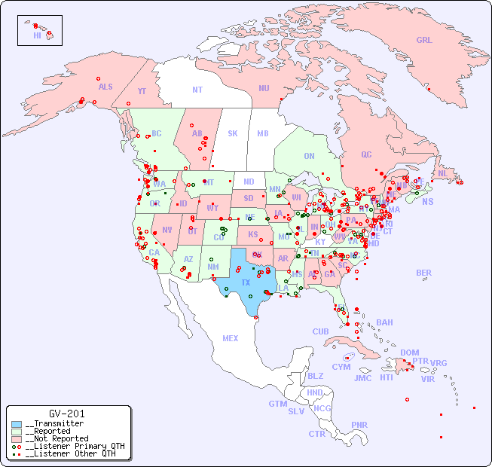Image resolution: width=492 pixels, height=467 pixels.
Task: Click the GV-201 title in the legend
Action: click(x=67, y=414)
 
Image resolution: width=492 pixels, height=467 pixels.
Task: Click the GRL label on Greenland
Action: click(x=424, y=41)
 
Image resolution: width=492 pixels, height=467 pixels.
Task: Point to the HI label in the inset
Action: click(x=37, y=35)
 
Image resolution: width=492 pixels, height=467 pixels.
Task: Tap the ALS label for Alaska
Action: click(x=105, y=87)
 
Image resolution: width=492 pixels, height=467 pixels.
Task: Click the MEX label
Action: click(x=231, y=338)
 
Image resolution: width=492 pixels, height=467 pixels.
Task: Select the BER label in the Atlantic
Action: click(x=424, y=273)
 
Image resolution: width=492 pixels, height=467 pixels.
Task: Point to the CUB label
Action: click(x=321, y=331)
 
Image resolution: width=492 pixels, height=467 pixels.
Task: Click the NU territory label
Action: click(x=264, y=88)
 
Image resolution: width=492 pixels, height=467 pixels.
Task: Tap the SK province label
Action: click(x=233, y=133)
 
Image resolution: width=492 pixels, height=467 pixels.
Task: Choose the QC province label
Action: click(x=366, y=154)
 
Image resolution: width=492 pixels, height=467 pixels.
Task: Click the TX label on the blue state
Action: click(x=246, y=282)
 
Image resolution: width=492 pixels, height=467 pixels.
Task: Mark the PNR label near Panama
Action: click(x=359, y=425)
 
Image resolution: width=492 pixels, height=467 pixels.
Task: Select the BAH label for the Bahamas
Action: click(x=384, y=322)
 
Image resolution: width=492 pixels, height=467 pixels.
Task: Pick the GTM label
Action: click(x=277, y=404)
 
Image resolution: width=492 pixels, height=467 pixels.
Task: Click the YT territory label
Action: click(x=142, y=91)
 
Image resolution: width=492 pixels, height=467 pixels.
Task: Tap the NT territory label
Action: click(x=197, y=90)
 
